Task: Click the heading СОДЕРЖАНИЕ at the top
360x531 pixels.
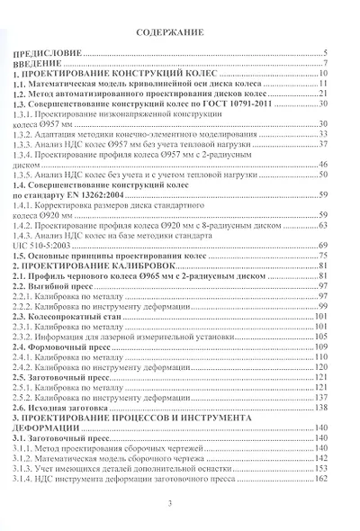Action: click(180, 31)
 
